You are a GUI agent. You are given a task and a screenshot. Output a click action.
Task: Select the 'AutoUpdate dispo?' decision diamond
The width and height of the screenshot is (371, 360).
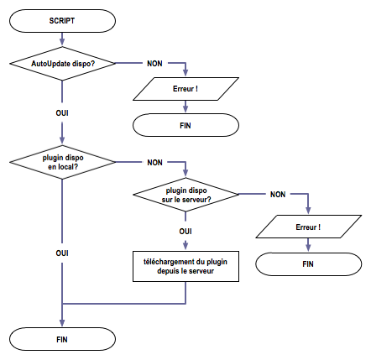click(62, 63)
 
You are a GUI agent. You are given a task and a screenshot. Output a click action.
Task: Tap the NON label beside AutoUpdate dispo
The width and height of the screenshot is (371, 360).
click(155, 63)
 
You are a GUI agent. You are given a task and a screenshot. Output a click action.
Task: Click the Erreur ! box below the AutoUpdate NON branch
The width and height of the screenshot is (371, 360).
click(184, 88)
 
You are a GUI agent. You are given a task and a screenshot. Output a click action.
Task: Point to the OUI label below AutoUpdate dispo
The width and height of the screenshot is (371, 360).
click(62, 110)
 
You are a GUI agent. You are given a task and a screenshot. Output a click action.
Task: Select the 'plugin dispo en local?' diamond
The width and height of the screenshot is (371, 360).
click(62, 161)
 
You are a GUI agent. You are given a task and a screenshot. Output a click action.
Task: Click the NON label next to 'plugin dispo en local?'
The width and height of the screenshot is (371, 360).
click(155, 161)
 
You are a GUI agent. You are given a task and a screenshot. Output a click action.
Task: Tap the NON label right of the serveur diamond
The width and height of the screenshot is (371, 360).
click(277, 195)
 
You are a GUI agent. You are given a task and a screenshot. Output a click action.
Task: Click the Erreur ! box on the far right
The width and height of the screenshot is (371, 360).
click(308, 227)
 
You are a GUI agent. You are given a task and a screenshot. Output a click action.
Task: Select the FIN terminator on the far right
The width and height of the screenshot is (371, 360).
click(308, 263)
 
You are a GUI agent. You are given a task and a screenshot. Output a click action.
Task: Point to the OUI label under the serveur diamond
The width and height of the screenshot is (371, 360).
click(185, 231)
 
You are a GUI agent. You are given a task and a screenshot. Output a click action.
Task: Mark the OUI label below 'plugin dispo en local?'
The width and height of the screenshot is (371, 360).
click(62, 252)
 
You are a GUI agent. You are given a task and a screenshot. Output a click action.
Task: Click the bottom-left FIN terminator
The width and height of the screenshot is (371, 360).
click(62, 338)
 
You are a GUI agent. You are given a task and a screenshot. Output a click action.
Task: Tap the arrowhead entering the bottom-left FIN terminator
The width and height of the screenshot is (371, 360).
click(62, 323)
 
